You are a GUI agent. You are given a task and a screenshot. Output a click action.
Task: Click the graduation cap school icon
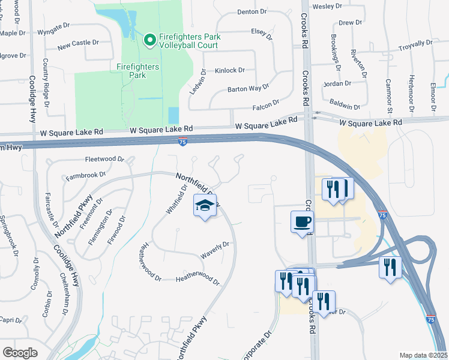205,206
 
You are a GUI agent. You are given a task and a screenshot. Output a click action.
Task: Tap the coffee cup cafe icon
302,222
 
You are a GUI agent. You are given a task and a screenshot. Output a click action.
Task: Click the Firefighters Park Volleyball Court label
189,41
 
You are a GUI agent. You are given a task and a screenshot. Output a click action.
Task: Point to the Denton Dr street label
252,11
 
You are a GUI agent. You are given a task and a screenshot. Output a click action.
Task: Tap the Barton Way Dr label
248,88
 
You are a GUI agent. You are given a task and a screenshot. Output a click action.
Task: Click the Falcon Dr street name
267,104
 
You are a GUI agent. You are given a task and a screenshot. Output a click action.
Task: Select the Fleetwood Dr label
104,160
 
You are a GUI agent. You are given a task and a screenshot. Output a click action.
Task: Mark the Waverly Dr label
215,249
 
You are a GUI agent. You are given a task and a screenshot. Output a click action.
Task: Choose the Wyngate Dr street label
58,31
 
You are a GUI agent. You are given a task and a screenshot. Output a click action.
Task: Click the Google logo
20,353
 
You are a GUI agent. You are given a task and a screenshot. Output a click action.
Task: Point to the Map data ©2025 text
423,355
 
